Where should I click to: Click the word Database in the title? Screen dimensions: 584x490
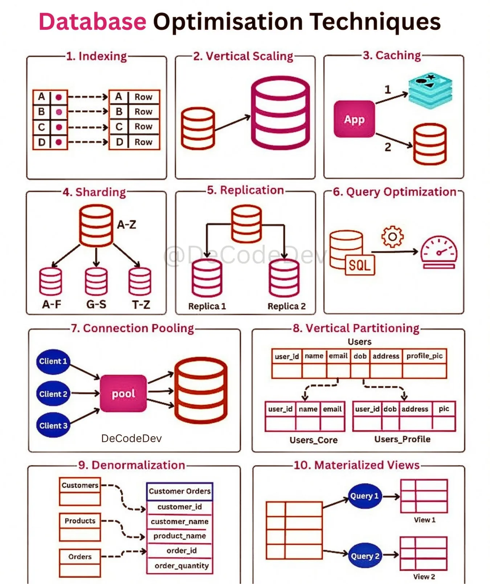point(92,22)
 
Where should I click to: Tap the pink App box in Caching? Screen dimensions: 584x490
point(354,119)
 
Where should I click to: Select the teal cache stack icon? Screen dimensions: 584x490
point(430,90)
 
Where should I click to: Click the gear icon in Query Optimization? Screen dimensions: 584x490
point(392,237)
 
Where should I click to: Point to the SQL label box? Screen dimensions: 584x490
point(359,265)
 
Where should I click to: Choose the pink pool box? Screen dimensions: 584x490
point(123,394)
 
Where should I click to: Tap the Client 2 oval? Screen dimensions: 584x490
point(53,394)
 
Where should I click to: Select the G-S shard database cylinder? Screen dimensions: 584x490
point(96,281)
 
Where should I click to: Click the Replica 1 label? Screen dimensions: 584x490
point(207,307)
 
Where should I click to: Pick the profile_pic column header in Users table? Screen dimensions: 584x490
point(424,356)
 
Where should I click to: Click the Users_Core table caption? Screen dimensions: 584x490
point(313,440)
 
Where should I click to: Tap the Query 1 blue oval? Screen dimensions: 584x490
point(364,496)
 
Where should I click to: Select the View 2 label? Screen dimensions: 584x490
point(424,576)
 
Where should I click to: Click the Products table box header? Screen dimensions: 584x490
point(80,521)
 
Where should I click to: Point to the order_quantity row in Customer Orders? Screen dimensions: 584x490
point(181,566)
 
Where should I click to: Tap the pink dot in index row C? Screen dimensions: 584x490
point(59,127)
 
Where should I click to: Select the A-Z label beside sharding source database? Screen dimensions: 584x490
point(126,225)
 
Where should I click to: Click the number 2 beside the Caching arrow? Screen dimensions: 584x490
point(388,147)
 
